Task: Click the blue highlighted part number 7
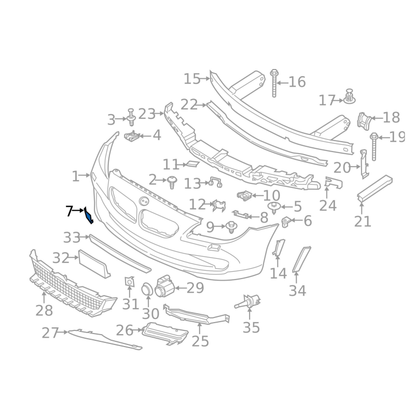[89, 215]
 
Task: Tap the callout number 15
[192, 79]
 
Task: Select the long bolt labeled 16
[274, 83]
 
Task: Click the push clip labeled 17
[350, 96]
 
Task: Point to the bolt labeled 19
[374, 146]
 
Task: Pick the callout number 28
[44, 310]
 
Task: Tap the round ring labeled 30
[147, 289]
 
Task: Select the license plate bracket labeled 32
[94, 264]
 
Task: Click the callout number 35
[251, 327]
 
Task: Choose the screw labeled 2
[172, 182]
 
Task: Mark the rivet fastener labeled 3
[131, 117]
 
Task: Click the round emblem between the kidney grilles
[145, 201]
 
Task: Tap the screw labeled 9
[231, 227]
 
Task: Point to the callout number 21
[363, 222]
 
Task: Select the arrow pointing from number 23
[160, 114]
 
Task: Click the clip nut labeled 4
[132, 136]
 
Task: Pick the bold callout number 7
[70, 211]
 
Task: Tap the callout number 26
[125, 330]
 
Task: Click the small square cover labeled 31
[129, 281]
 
